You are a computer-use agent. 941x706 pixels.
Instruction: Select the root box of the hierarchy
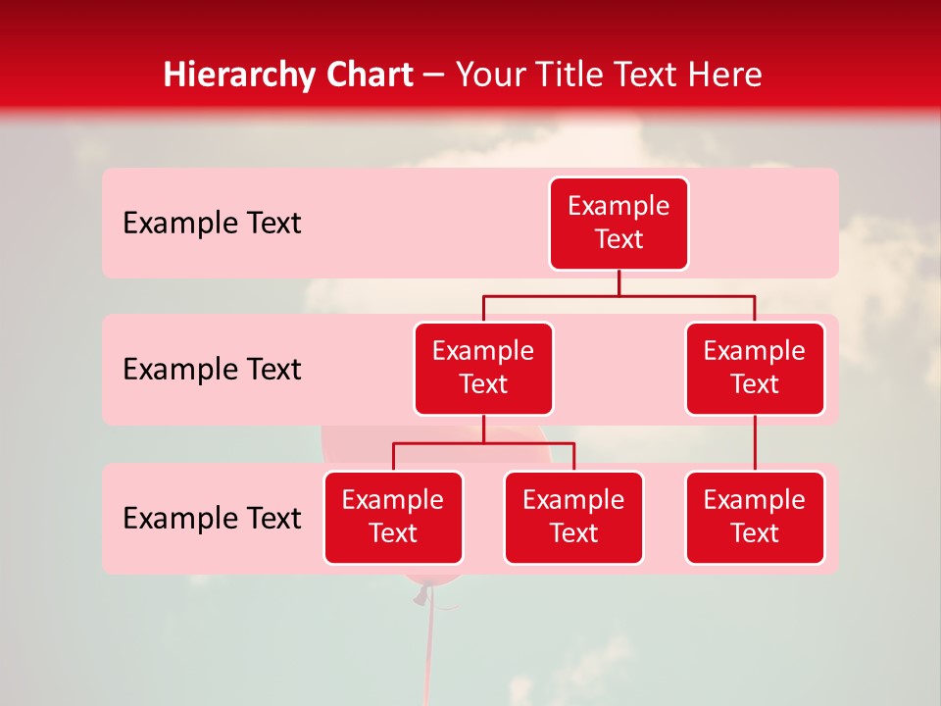click(x=619, y=224)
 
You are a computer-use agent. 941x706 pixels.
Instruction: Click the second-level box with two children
click(x=483, y=369)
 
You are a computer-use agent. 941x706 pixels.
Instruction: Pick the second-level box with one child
click(x=755, y=369)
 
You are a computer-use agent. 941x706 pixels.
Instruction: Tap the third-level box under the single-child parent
click(x=755, y=518)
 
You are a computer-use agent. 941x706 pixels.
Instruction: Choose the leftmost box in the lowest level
click(x=393, y=518)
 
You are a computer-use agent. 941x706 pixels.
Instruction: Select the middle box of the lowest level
click(x=573, y=518)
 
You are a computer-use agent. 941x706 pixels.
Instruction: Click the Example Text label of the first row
click(x=212, y=224)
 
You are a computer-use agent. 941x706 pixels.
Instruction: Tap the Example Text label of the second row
click(x=212, y=370)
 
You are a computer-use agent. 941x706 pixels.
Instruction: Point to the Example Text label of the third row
click(x=212, y=519)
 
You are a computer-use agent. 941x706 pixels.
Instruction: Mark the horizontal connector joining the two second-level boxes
click(x=619, y=295)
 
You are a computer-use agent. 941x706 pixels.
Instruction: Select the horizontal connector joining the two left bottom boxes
click(x=483, y=443)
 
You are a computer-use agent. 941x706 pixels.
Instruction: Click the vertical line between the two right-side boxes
click(x=755, y=443)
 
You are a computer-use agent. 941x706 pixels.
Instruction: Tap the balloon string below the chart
click(x=427, y=647)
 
